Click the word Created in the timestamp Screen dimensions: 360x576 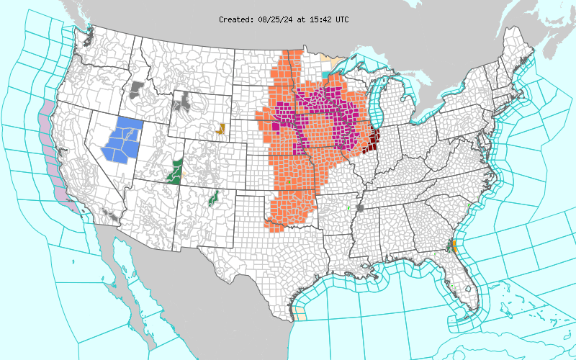tap(235, 19)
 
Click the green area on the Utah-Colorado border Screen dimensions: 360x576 tap(173, 171)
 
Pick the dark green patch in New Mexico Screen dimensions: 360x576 tap(213, 197)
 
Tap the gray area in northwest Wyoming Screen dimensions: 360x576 tap(185, 100)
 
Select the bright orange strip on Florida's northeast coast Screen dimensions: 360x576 tap(454, 246)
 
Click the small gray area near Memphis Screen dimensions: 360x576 tap(360, 207)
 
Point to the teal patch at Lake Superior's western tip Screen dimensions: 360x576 tap(330, 73)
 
